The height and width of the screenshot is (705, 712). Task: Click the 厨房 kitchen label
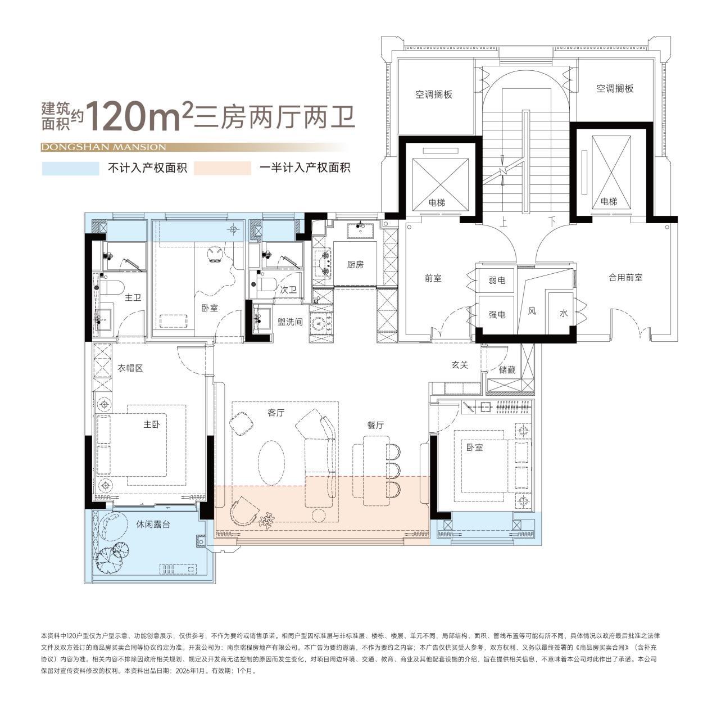(355, 264)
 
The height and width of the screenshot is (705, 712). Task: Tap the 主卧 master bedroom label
(152, 424)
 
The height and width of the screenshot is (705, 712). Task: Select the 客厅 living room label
(276, 413)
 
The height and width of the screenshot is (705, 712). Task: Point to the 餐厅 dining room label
(375, 425)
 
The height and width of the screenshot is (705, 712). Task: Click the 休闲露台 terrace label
(153, 524)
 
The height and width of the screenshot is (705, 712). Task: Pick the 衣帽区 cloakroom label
(130, 368)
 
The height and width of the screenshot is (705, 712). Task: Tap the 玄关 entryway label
(460, 365)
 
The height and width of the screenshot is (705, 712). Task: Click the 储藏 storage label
(506, 370)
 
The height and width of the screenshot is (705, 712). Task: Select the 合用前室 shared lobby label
(625, 277)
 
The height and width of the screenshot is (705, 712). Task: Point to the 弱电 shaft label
(497, 280)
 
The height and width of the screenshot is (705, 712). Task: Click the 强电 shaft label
(497, 315)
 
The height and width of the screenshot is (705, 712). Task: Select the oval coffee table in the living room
(271, 463)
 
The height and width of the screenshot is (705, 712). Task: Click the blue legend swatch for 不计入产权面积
(70, 168)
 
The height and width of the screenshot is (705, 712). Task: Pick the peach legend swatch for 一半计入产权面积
(223, 168)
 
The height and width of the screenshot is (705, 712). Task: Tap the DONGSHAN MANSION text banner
(103, 147)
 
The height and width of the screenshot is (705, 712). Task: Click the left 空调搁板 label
(434, 94)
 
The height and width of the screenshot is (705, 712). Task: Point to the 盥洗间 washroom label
(290, 322)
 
